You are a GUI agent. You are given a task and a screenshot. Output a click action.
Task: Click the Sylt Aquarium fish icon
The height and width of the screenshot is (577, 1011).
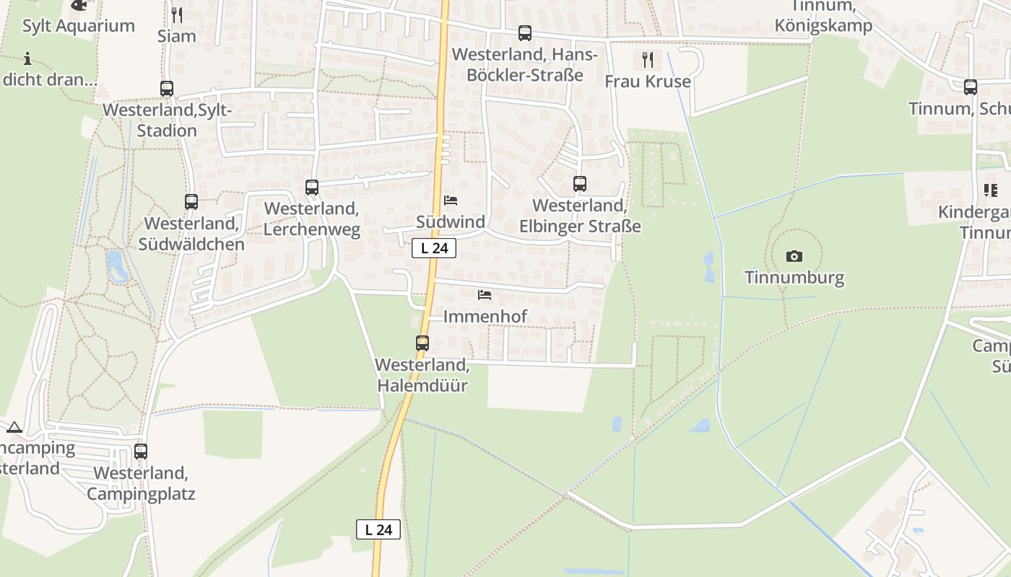(78, 5)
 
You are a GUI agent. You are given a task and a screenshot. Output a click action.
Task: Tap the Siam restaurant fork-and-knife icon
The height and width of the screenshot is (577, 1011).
(177, 14)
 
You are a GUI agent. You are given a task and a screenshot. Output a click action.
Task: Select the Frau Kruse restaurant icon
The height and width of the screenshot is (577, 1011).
(648, 59)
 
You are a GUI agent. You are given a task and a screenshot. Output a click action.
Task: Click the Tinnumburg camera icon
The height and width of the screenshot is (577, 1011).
(794, 256)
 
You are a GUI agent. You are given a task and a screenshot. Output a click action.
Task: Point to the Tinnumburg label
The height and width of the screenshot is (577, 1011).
(794, 278)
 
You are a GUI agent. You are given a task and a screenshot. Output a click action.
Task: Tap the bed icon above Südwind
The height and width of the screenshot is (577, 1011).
(451, 200)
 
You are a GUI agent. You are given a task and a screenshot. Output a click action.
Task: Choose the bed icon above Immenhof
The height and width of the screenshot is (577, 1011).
(485, 295)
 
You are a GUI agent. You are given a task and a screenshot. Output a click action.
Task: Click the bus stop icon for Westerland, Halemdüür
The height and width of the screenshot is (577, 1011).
(422, 343)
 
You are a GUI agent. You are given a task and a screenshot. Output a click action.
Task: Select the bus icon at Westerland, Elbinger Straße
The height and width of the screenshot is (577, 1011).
(580, 184)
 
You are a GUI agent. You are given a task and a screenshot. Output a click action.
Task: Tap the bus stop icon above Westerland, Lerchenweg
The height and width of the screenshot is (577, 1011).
(312, 188)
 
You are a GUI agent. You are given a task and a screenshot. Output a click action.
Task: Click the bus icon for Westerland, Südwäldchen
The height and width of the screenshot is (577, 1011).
(191, 202)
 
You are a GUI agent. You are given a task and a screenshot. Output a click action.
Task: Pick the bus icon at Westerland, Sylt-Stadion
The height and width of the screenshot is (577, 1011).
(167, 89)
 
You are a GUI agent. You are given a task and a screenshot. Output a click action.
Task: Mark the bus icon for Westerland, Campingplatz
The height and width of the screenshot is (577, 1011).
(141, 452)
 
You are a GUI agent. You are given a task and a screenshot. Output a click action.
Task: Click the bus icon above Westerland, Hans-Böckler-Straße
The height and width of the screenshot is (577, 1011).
(525, 33)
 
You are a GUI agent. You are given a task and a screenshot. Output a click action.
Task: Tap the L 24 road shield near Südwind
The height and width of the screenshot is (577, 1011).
(434, 248)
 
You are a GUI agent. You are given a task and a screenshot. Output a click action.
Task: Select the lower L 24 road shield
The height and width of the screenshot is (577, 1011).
(378, 529)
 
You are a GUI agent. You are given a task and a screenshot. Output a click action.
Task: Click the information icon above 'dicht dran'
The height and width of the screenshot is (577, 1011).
(27, 58)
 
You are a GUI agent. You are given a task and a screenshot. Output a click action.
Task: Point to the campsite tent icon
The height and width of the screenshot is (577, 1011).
(14, 427)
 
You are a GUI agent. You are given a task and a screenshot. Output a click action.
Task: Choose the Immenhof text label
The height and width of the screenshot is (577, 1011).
(485, 316)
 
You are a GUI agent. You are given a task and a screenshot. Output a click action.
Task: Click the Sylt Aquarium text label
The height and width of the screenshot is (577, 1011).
(79, 26)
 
